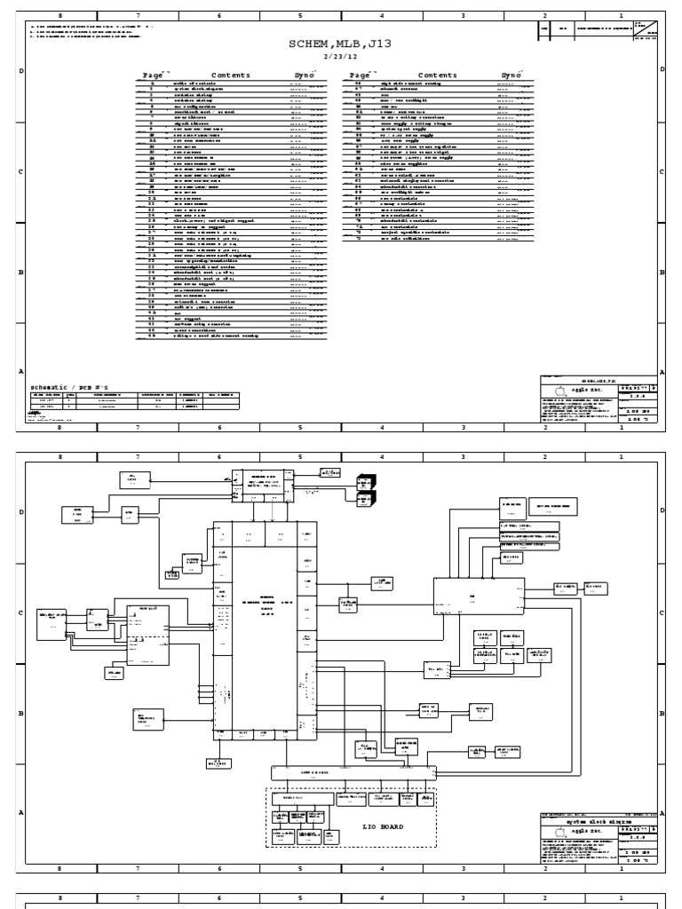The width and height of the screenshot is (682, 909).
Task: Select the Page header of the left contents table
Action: (153, 75)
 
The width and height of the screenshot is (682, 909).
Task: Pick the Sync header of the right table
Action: (511, 75)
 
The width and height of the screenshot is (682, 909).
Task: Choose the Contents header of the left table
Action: (231, 75)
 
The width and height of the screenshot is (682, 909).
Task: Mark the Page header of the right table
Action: (359, 75)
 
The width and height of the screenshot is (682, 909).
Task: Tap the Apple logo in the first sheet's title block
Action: (559, 391)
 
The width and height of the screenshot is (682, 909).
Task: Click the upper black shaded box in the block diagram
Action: (364, 483)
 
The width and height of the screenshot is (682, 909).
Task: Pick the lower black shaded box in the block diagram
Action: (364, 502)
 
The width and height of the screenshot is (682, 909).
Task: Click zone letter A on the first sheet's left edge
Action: (20, 372)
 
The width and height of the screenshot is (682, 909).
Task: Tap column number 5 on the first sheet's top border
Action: (300, 15)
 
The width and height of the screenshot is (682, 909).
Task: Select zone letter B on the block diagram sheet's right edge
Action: (662, 713)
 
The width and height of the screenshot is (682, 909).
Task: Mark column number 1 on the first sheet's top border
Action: (621, 15)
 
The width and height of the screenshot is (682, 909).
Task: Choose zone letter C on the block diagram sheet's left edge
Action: (20, 613)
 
